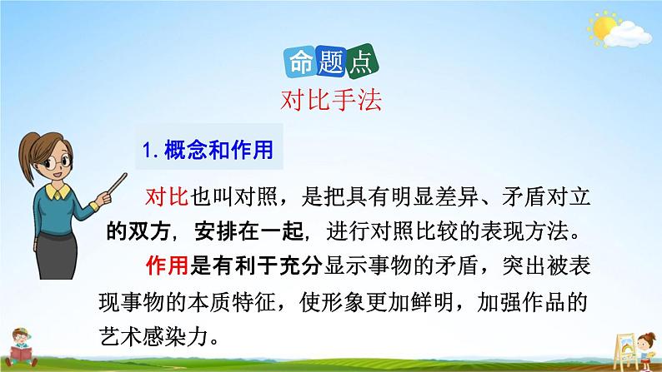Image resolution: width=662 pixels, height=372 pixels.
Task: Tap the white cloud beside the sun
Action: [628, 35]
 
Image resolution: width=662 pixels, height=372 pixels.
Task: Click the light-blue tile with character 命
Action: [300, 62]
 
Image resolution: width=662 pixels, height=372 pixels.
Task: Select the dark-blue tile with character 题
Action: [331, 62]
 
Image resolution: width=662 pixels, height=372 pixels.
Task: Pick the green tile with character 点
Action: [361, 62]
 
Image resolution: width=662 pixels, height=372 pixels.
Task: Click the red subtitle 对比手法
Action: [331, 101]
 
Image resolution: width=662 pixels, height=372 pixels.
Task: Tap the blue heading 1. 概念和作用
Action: [208, 150]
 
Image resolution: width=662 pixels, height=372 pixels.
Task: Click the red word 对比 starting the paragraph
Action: [168, 196]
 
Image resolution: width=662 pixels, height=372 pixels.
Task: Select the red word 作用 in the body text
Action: [168, 265]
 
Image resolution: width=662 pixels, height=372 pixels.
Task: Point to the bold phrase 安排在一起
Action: [249, 231]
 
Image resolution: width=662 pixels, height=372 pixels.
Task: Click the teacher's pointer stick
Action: [117, 184]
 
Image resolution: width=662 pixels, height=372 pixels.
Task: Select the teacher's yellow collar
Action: [58, 191]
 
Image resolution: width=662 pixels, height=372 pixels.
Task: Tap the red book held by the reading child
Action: [21, 354]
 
